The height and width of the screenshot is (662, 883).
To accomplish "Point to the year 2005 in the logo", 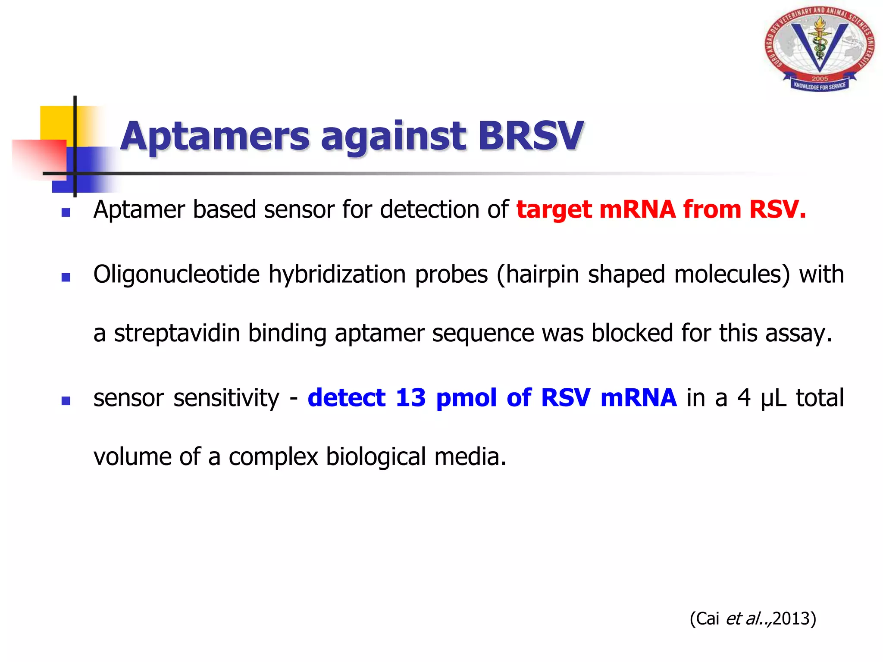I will [x=820, y=78].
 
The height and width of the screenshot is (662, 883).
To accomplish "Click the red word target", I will [x=553, y=210].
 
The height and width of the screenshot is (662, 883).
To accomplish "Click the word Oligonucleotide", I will [x=176, y=275].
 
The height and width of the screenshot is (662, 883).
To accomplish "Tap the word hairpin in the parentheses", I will [x=542, y=275].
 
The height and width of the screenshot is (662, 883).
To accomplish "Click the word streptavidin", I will [x=177, y=333].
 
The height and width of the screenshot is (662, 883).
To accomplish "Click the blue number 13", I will [x=410, y=397].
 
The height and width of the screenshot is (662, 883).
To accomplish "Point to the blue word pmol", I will [x=467, y=398].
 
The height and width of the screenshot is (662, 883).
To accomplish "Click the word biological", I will [x=376, y=456].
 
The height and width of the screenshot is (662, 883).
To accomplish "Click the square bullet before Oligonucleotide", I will [x=66, y=277].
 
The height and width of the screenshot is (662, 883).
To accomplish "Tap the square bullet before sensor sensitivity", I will [x=66, y=401].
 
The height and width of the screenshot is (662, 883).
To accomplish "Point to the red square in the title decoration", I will [x=39, y=157].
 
